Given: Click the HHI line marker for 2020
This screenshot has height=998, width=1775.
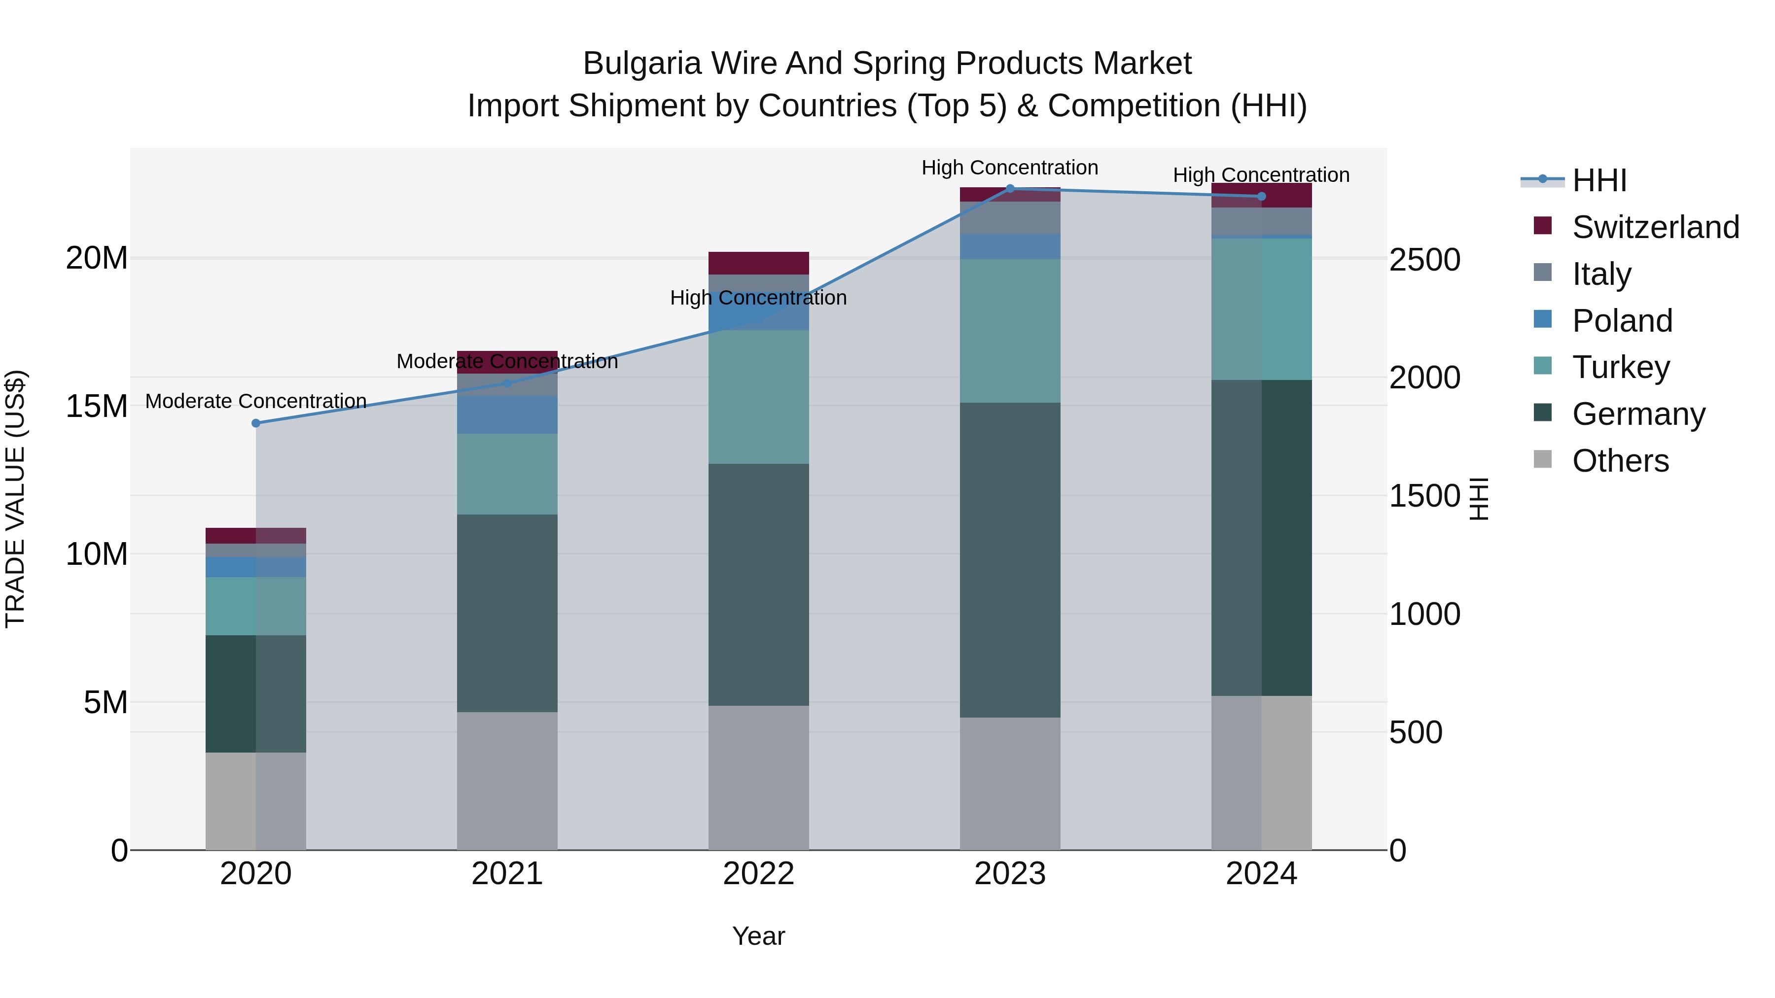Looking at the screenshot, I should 255,423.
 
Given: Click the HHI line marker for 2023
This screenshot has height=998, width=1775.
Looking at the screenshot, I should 1010,189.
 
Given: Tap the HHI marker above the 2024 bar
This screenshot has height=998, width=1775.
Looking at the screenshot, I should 1262,196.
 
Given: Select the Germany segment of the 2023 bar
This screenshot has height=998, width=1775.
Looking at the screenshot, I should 1010,559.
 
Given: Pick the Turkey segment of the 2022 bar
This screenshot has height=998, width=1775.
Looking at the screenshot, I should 759,397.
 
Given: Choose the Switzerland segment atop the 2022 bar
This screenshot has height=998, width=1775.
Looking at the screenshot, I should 759,263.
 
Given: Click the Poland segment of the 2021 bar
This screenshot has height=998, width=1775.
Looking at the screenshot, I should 507,414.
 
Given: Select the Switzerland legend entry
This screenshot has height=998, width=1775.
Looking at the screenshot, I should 1655,227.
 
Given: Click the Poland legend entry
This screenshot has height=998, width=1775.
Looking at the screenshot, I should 1622,321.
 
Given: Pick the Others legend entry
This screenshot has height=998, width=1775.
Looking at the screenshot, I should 1620,461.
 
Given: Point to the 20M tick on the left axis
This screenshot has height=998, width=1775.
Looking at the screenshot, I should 97,258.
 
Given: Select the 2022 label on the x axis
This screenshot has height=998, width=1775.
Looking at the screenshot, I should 759,874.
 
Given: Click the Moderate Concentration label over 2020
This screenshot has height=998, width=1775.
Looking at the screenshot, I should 255,401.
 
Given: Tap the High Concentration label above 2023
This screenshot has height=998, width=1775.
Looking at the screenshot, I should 1010,168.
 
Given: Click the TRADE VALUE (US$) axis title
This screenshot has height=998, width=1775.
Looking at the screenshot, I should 16,499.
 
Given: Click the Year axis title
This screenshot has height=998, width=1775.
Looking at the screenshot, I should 759,936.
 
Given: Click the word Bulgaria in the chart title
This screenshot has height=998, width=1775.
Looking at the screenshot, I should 642,64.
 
